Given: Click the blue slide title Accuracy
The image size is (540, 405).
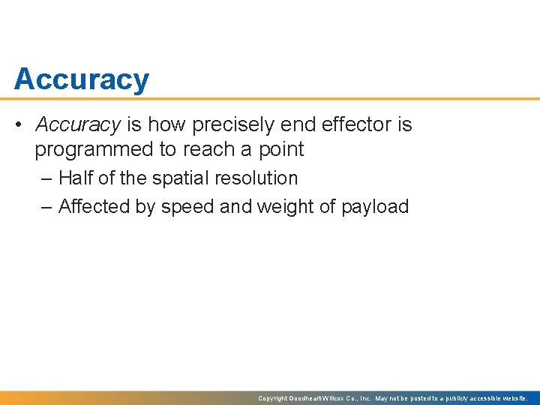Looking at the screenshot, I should click(x=81, y=79).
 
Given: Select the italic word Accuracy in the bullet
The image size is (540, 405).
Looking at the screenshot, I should click(x=77, y=124).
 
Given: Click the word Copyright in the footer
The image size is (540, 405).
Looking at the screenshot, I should click(x=272, y=398).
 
